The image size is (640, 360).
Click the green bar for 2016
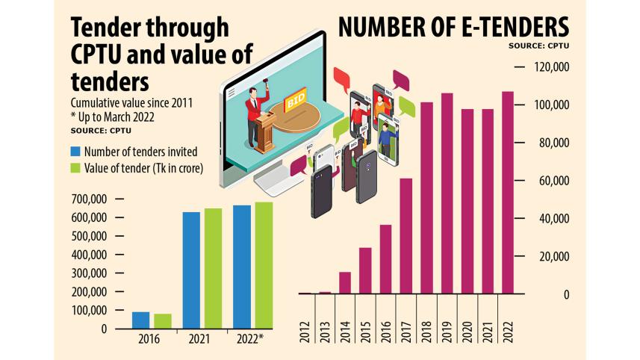tap(163, 320)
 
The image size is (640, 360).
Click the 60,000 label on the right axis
tap(553, 181)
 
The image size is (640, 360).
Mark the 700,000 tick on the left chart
tap(89, 199)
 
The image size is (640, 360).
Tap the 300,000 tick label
tap(89, 273)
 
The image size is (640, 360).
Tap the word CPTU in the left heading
tap(98, 55)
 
